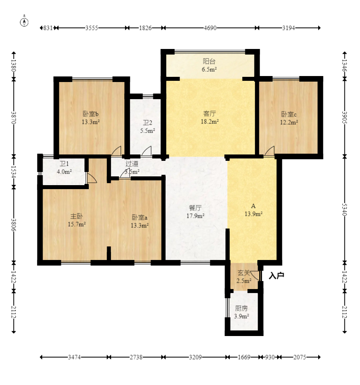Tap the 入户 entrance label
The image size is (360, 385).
[276, 276]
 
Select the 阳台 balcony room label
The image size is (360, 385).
[209, 61]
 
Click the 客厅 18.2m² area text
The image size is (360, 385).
[210, 121]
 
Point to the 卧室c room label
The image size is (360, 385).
[289, 114]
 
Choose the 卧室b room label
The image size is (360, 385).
[91, 114]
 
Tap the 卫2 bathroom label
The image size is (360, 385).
[147, 123]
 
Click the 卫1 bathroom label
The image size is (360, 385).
[64, 164]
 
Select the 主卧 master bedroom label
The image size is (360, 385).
[76, 216]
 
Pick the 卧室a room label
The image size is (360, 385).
[139, 217]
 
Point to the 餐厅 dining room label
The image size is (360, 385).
[195, 208]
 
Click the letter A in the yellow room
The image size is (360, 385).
[253, 206]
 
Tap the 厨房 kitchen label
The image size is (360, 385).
[241, 308]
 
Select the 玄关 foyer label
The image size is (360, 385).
[244, 273]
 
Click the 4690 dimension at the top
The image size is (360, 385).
[210, 28]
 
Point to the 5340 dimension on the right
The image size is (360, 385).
[344, 209]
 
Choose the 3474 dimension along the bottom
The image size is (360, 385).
[74, 357]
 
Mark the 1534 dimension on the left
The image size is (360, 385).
[14, 172]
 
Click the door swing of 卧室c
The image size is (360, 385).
[270, 150]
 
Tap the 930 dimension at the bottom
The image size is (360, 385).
[270, 357]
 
